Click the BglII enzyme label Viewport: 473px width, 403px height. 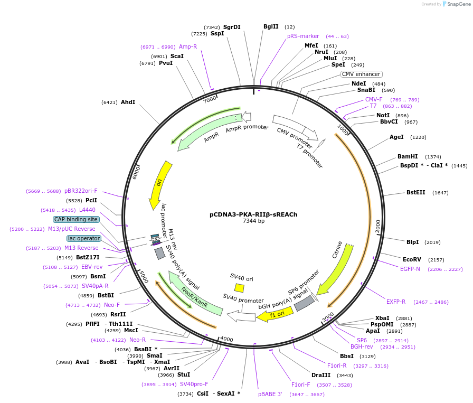pos(271,26)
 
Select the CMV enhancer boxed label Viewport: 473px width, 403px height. pos(361,74)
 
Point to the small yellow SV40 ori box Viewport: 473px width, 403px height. pos(239,288)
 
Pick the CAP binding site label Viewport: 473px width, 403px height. pos(76,219)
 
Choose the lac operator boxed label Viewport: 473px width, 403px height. pos(83,238)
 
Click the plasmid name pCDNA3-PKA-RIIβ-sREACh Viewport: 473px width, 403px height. pos(253,214)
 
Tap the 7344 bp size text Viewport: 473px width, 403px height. pos(253,221)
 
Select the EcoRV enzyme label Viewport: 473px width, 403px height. pos(412,259)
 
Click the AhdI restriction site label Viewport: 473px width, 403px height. pos(128,102)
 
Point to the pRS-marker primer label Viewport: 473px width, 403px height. pos(303,36)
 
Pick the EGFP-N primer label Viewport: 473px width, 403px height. pos(410,269)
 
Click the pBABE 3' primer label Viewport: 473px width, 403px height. pos(270,394)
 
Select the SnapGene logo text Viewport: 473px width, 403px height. pos(458,4)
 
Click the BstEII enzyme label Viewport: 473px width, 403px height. pos(415,192)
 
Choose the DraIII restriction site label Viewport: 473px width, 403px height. pos(321,375)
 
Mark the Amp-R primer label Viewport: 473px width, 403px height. pos(188,46)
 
